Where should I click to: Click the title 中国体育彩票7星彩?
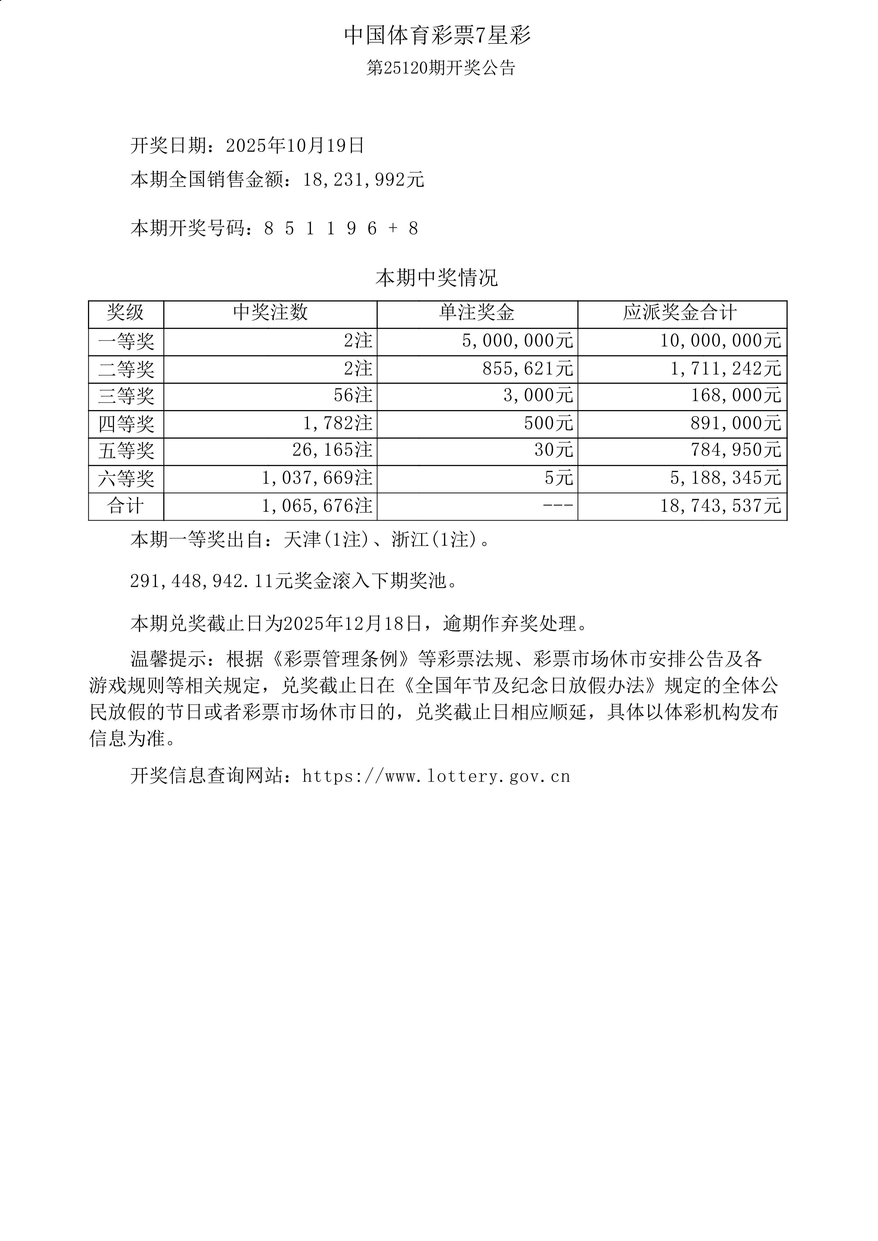coord(438,36)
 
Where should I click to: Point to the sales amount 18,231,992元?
coord(363,180)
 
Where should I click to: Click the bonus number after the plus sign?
coord(414,229)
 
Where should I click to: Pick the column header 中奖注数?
coord(270,312)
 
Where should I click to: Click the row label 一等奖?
coord(126,342)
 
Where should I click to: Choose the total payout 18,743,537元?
coord(720,506)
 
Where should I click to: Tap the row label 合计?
coord(126,506)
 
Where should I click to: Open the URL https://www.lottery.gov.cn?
coord(436,777)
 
